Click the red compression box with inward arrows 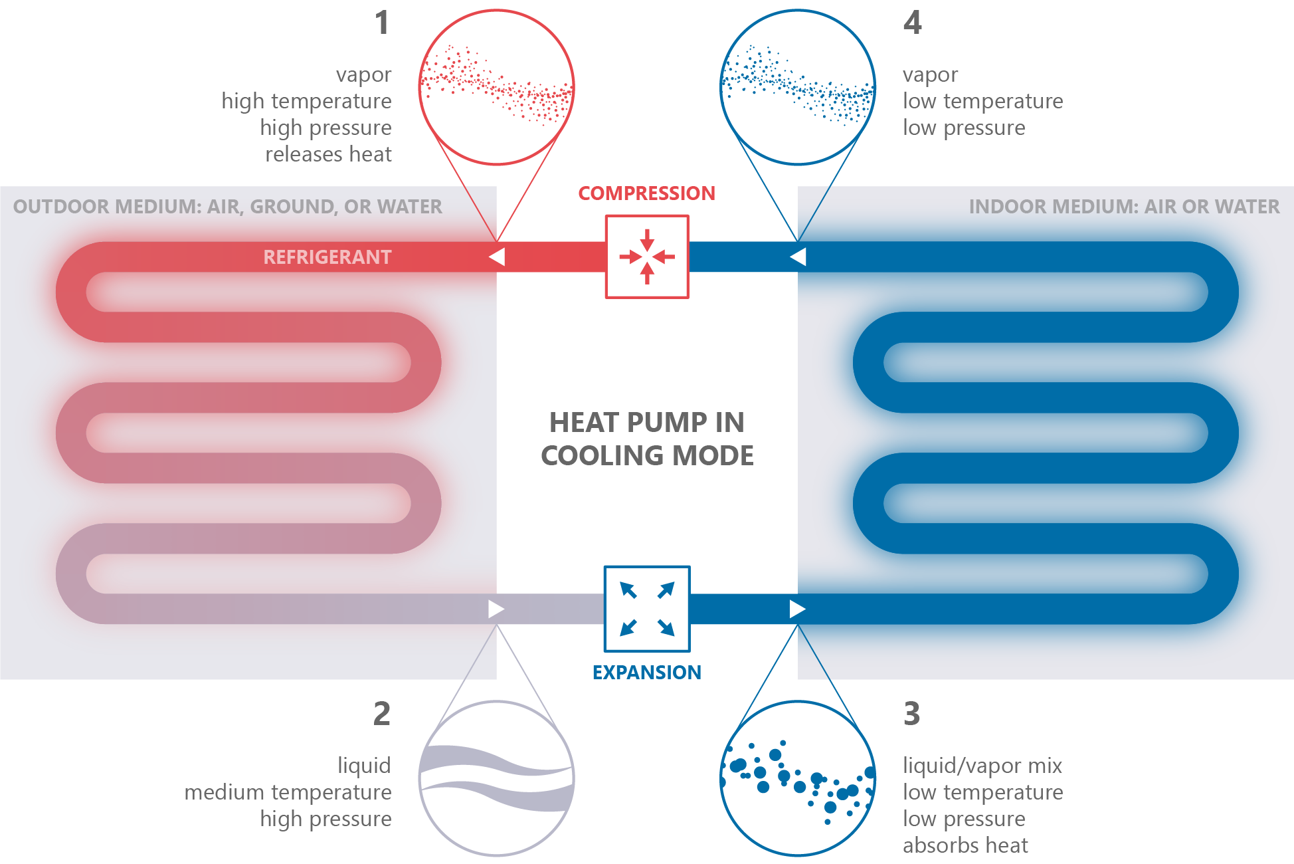click(646, 257)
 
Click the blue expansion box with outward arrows click(646, 609)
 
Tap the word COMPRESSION click(646, 193)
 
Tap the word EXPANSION click(646, 673)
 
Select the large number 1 click(382, 23)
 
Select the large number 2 click(382, 714)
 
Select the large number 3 click(912, 714)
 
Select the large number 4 click(913, 23)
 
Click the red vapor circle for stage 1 click(496, 87)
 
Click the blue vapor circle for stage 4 click(797, 87)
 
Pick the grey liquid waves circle click(496, 778)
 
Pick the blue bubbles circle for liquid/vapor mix click(797, 778)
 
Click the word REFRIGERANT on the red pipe click(327, 257)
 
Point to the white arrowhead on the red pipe click(497, 257)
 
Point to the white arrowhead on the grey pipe click(496, 609)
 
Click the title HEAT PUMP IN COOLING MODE click(647, 439)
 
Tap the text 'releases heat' click(328, 154)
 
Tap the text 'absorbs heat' click(965, 845)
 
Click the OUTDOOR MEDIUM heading click(228, 207)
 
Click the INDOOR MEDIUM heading click(1124, 207)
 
